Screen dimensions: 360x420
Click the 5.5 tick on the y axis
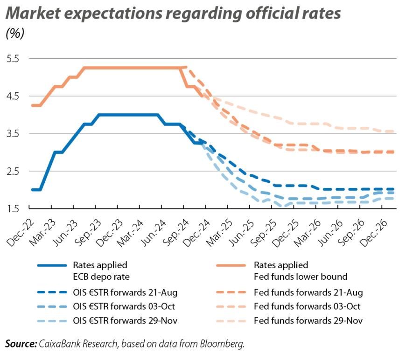[12, 59]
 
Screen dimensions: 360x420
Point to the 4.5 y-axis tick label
[12, 96]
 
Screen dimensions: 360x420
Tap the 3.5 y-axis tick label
[12, 134]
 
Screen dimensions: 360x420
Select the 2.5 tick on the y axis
[12, 171]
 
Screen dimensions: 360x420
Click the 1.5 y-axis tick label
[12, 208]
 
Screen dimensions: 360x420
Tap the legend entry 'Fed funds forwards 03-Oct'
[308, 307]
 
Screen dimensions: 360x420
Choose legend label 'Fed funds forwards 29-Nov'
[308, 321]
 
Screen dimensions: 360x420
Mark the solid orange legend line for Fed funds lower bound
[231, 265]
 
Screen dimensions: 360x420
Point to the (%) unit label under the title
[14, 34]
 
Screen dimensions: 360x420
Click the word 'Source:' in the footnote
[21, 344]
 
